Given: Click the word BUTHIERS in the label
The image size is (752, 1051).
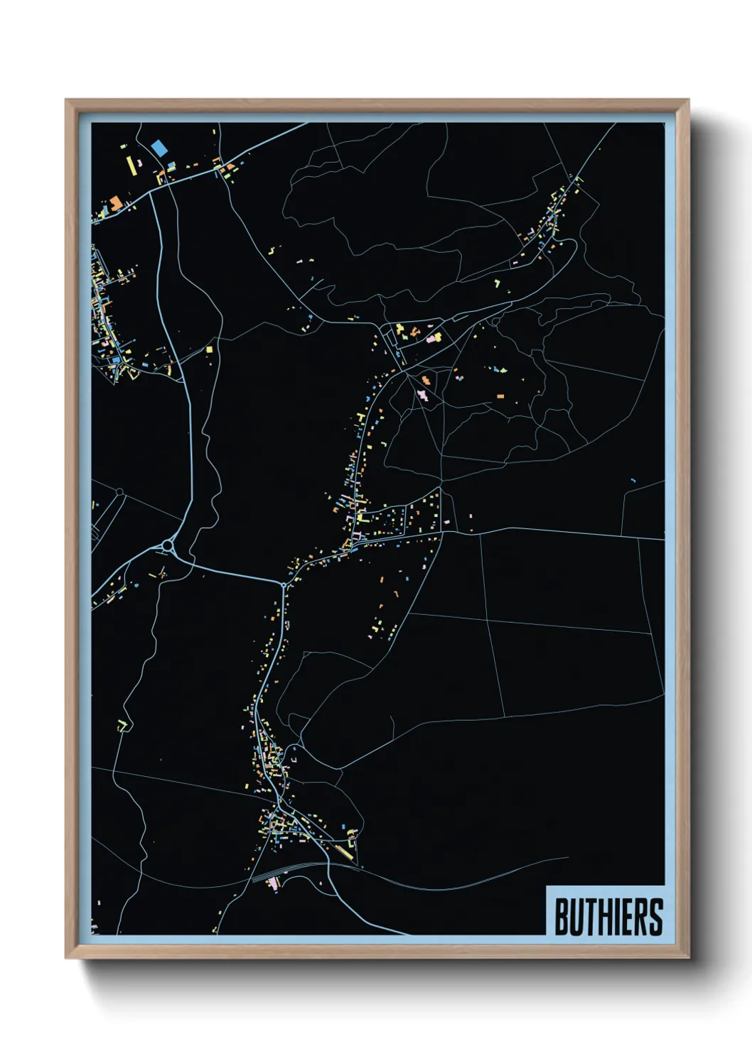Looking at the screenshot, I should point(608,917).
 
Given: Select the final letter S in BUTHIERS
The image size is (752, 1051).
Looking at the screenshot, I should point(655,917).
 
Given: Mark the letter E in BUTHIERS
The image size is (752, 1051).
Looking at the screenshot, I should point(628,917).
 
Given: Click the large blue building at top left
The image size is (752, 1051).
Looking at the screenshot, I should point(159,148).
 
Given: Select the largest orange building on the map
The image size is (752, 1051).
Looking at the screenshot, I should point(115,203).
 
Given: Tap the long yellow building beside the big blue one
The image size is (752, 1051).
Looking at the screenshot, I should point(131,165).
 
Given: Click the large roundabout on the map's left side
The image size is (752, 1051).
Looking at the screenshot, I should point(168,545).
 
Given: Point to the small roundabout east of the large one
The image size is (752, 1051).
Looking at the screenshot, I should point(283,585).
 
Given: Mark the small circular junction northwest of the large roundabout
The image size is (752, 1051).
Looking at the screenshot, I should point(119,491).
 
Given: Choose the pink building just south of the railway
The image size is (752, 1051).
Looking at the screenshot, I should point(274,883).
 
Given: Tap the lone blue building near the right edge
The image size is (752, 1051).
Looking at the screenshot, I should point(633,481).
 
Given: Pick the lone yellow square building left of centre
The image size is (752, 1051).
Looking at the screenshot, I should point(210,349).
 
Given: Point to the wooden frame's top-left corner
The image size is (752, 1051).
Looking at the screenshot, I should point(67,101).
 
